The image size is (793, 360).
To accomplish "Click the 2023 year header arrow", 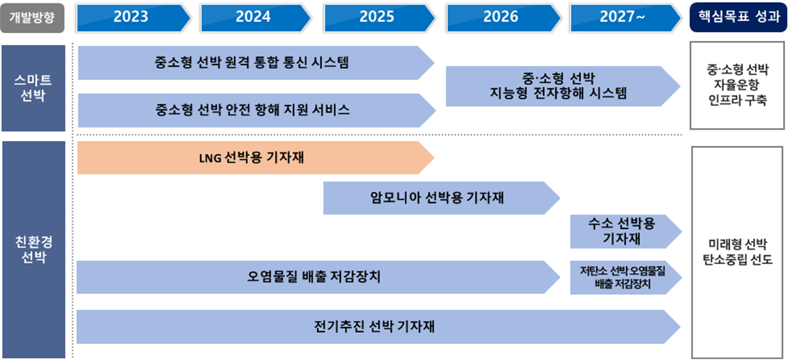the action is (130, 17).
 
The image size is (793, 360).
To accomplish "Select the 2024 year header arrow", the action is (253, 17).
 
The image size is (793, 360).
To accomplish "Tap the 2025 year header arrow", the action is (376, 17).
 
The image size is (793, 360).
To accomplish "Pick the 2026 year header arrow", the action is (500, 17).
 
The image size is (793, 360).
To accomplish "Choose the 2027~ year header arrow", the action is (623, 17).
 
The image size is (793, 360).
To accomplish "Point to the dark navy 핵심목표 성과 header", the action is (738, 17).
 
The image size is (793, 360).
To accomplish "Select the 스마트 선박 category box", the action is (33, 88).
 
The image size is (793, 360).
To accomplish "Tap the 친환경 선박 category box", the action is (33, 249).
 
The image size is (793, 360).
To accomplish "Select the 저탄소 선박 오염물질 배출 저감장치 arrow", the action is (623, 277).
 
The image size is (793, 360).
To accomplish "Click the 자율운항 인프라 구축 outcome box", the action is (737, 86).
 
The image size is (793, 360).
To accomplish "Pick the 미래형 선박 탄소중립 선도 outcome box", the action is (737, 251).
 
